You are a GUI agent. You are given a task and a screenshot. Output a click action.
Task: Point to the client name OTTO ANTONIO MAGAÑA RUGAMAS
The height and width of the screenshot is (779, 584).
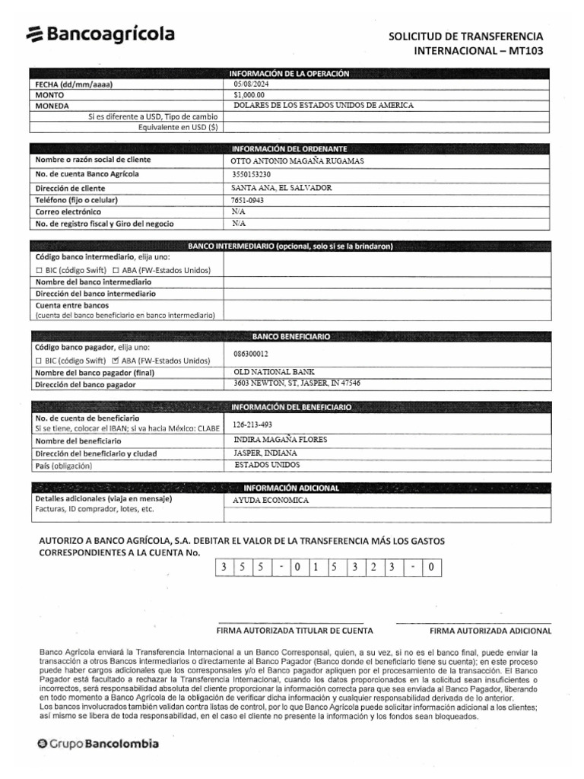coord(297,161)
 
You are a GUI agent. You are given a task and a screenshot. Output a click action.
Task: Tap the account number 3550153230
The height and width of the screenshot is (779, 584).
coord(250,174)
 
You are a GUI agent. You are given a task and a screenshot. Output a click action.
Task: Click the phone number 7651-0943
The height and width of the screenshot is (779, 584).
coord(248,200)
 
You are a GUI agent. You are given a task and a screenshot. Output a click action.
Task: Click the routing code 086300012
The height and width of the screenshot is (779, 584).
coord(251,354)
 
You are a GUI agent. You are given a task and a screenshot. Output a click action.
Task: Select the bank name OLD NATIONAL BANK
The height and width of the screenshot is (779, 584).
coord(273,371)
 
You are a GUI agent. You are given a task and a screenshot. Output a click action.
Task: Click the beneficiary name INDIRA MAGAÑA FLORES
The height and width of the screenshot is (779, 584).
coord(281,440)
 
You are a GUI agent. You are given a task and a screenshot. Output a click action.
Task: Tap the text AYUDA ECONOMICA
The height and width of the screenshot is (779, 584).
coord(271,501)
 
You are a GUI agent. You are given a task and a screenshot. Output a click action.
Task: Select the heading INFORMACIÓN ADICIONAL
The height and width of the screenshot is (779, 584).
coord(290,487)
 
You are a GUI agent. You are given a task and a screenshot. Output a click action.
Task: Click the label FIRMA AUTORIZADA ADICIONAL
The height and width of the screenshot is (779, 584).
coord(491,631)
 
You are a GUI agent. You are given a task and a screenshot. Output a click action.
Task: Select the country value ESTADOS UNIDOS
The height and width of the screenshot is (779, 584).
coord(267,465)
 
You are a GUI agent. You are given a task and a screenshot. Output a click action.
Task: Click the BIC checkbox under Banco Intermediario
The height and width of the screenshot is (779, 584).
coord(40,271)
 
